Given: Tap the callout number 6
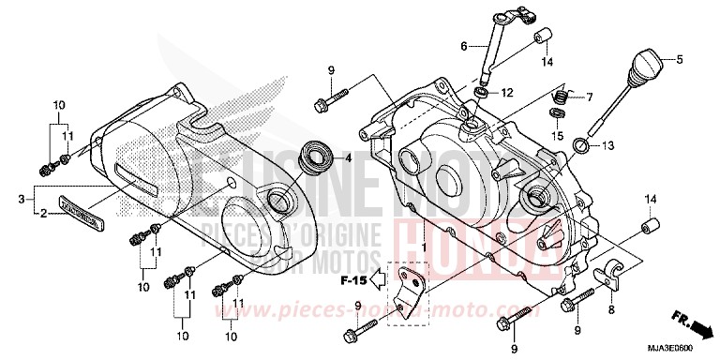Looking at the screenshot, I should (x=463, y=44).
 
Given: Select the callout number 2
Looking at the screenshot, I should (x=43, y=214).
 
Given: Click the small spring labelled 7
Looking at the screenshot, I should (x=559, y=96).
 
